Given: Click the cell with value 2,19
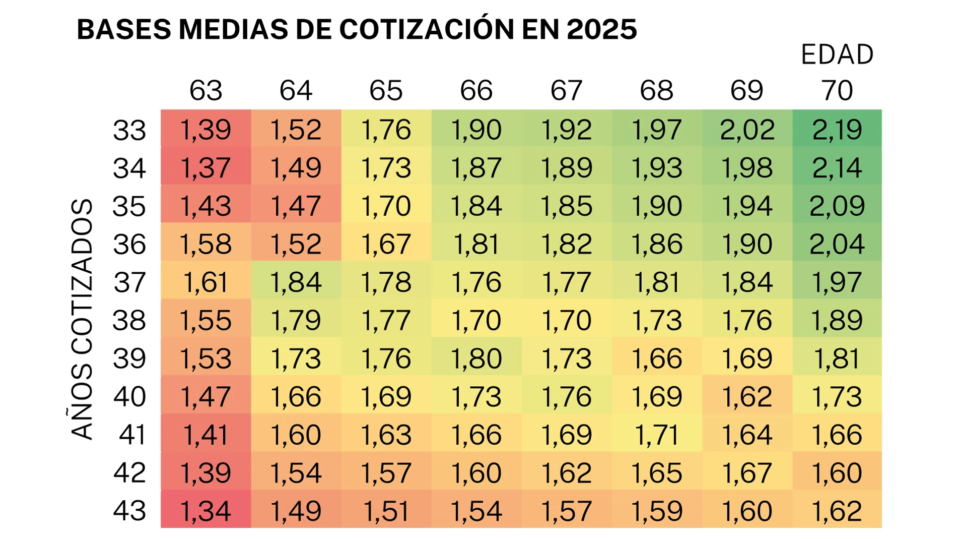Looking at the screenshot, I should click(x=837, y=129).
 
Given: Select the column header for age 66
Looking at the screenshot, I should click(x=476, y=91).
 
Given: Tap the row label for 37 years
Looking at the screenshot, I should click(x=129, y=282).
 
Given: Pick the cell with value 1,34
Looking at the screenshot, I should click(x=206, y=510).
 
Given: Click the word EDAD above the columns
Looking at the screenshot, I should click(x=837, y=54).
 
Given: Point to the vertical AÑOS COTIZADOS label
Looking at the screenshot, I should click(x=82, y=319).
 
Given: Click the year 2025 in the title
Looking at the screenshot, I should click(x=601, y=29).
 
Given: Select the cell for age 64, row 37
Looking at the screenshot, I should click(x=296, y=282).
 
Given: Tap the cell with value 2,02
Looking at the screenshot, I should click(x=747, y=129).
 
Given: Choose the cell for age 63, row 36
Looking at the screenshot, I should click(x=206, y=244).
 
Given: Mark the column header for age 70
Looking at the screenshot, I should click(x=837, y=91).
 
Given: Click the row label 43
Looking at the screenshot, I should click(x=129, y=510).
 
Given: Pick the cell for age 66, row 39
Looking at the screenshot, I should click(x=476, y=358).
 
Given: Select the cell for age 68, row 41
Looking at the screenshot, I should click(x=657, y=434).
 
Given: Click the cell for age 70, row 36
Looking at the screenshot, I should click(x=837, y=244).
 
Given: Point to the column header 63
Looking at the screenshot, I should click(x=206, y=91).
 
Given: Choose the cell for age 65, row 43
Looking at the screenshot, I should click(x=386, y=510).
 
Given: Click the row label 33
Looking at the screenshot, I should click(x=129, y=130).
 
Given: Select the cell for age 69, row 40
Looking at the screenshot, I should click(x=747, y=396).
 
